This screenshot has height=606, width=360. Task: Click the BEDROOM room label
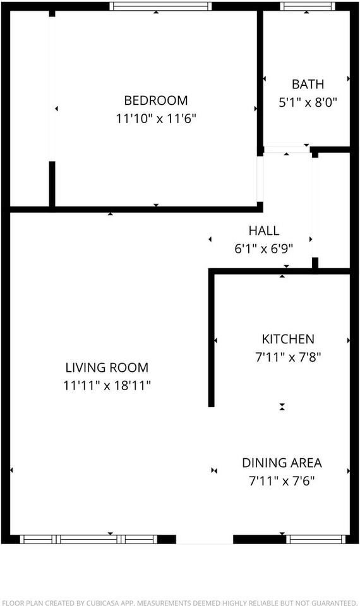tap(156, 100)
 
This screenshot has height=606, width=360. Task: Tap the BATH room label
tap(308, 84)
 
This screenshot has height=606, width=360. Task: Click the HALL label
tap(263, 231)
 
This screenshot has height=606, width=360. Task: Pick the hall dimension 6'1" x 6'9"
tap(263, 249)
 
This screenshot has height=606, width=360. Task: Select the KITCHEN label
tap(288, 339)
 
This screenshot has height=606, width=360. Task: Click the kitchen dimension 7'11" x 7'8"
tap(288, 357)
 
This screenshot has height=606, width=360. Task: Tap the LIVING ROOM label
tap(107, 367)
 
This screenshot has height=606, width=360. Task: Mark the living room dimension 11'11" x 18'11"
tap(107, 385)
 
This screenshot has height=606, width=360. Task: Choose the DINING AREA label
tap(282, 463)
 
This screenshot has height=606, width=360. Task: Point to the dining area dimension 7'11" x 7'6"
tap(282, 480)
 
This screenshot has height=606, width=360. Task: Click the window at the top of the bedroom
tap(160, 6)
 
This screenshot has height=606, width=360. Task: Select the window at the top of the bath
tap(308, 6)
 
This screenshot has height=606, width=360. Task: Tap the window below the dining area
tap(315, 539)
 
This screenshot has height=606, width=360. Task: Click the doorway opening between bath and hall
tap(286, 150)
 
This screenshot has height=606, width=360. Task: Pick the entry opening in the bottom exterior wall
tap(204, 539)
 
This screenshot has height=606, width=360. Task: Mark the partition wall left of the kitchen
tap(212, 338)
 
